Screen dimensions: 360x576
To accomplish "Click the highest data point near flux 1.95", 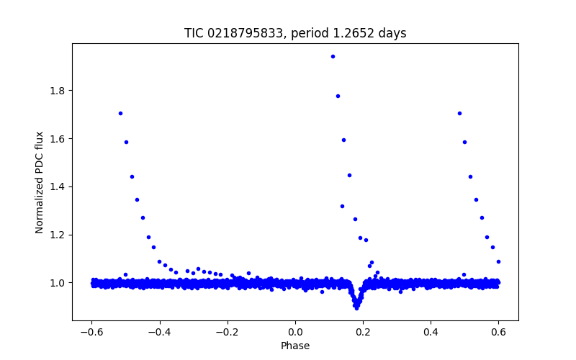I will tap(332, 56).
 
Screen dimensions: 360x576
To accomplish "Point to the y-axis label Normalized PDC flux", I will tap(40, 182).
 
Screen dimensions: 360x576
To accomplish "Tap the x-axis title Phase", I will tap(295, 346).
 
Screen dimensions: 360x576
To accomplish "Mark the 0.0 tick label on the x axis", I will tap(295, 332).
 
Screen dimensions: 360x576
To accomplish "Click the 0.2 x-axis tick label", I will tap(363, 332).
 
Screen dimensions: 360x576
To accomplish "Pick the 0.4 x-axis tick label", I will tap(431, 332).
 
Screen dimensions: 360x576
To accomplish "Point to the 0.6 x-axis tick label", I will tap(498, 332).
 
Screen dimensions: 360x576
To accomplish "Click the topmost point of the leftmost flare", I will tap(120, 113).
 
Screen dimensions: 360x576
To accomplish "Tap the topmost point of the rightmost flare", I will tap(459, 113).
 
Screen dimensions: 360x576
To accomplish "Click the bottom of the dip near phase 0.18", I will tap(356, 307).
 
